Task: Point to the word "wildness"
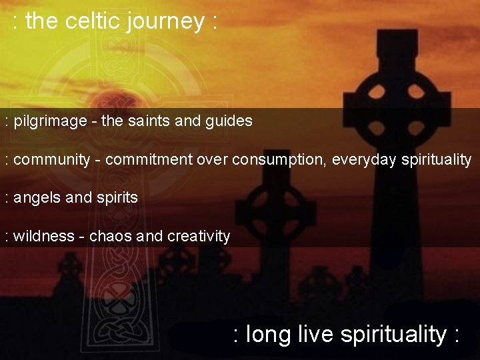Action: (43, 236)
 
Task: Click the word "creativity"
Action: (199, 237)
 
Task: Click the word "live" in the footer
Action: (316, 333)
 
